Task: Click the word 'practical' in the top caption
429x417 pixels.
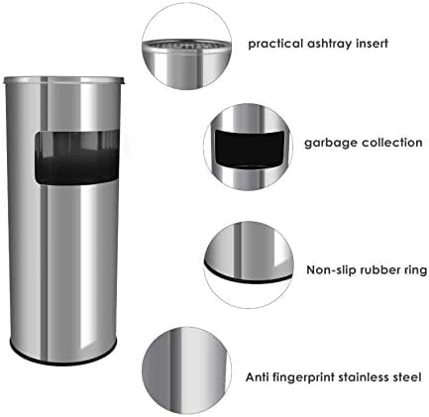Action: click(x=272, y=44)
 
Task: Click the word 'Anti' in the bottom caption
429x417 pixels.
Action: click(x=257, y=377)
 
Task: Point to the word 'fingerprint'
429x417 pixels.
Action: click(x=306, y=377)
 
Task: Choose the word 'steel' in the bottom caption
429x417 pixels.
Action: click(x=410, y=377)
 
